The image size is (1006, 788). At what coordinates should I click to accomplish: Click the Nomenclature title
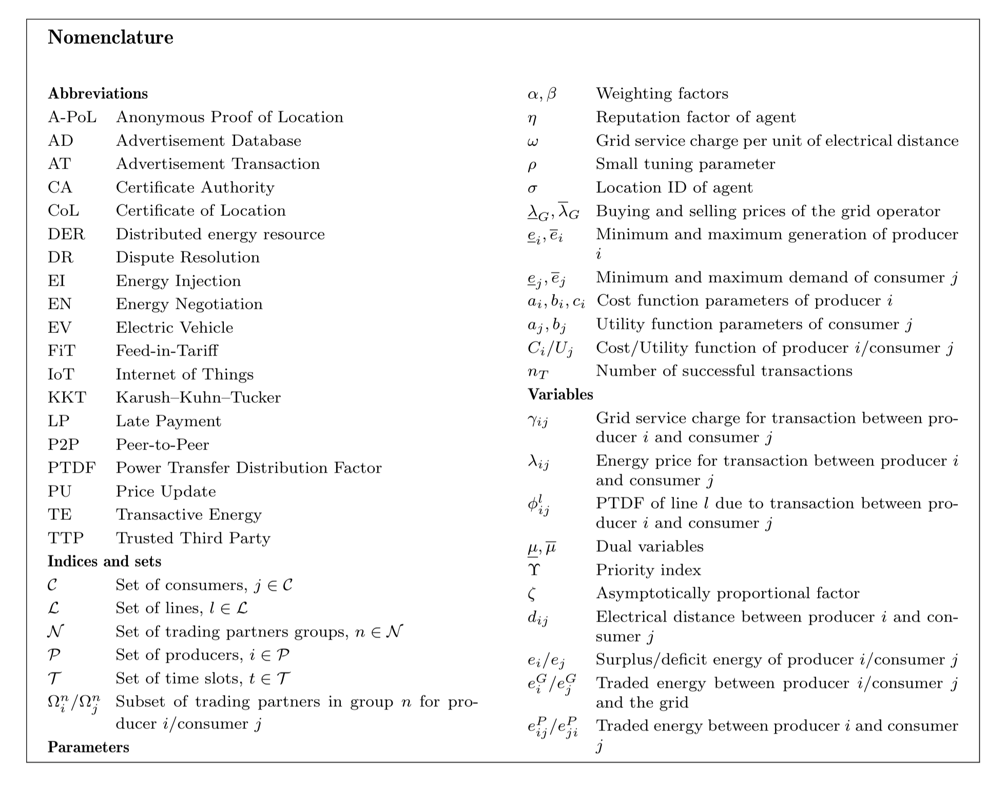click(110, 37)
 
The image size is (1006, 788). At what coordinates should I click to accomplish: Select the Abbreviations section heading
click(98, 93)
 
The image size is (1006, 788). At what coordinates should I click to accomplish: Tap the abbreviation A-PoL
click(72, 117)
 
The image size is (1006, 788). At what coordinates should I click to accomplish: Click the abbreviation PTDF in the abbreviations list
click(72, 468)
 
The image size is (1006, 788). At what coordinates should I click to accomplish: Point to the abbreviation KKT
click(67, 398)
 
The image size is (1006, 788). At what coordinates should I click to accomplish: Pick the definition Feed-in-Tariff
click(167, 351)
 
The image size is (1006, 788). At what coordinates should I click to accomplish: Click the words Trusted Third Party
click(193, 538)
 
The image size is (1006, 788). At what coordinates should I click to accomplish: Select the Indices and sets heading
click(104, 561)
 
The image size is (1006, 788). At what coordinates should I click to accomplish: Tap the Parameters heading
click(88, 747)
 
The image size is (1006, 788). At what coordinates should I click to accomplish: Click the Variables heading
click(560, 395)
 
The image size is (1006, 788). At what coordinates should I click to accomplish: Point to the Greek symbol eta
click(532, 118)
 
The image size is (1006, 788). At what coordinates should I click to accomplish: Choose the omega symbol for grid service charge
click(533, 141)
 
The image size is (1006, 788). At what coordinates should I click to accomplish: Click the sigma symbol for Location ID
click(532, 189)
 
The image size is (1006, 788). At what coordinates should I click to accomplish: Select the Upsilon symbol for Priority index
click(533, 570)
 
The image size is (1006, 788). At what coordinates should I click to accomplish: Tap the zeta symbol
click(532, 594)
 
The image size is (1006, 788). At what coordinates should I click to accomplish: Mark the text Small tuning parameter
click(685, 164)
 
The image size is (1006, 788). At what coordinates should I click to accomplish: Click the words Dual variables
click(649, 547)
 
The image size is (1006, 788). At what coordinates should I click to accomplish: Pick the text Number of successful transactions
click(724, 371)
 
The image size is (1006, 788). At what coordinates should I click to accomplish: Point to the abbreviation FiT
click(62, 351)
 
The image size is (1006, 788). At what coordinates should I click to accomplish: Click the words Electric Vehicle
click(175, 328)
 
